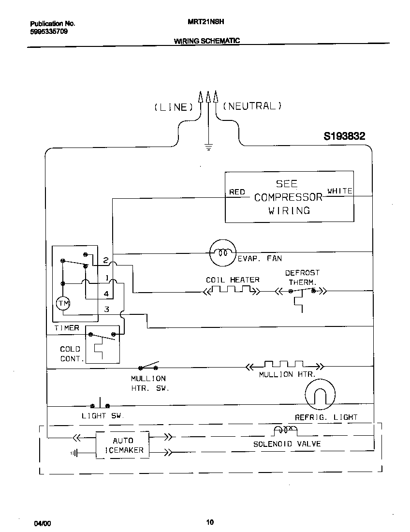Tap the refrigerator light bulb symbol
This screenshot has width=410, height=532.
coord(320,393)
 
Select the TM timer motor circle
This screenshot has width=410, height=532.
coord(63,303)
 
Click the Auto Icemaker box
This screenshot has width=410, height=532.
coord(122,445)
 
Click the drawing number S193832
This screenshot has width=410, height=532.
coord(344,136)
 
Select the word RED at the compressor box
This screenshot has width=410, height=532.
coord(237,192)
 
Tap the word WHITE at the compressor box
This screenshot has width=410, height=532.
coord(340,191)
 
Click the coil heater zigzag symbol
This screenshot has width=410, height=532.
coord(232,291)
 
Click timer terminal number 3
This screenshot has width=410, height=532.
coord(106,309)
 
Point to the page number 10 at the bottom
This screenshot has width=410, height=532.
coord(209,521)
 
